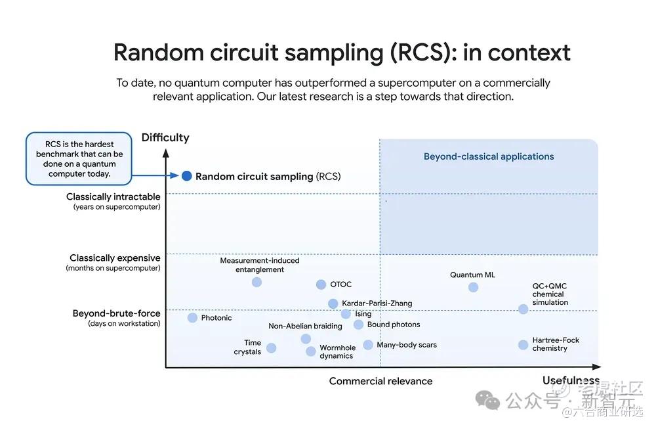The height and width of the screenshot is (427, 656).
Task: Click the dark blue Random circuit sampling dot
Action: [187, 176]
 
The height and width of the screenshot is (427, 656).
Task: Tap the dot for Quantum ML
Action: [474, 287]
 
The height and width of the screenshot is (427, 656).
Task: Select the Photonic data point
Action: [192, 318]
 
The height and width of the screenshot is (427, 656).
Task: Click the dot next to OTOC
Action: [321, 284]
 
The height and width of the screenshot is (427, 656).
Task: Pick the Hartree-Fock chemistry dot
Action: [523, 345]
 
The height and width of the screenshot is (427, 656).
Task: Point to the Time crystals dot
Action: [271, 348]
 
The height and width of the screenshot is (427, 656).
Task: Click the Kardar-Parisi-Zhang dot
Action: [333, 303]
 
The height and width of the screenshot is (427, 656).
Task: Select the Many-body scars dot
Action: [368, 345]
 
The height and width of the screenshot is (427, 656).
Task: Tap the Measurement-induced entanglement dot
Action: [256, 282]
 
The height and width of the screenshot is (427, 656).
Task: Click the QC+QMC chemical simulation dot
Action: [523, 309]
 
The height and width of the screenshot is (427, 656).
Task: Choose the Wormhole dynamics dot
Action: [311, 351]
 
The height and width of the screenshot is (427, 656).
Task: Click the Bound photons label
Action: [394, 325]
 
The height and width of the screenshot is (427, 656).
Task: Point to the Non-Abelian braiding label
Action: [305, 326]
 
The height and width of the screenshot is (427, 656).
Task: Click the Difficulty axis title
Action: [165, 138]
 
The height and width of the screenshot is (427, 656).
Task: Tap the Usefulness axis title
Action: [570, 381]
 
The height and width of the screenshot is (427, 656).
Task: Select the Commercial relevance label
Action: [380, 381]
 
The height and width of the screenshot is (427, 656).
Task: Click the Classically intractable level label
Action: [113, 197]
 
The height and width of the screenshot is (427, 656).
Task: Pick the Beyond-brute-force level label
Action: [116, 314]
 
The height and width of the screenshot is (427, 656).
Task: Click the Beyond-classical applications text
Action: [489, 157]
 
